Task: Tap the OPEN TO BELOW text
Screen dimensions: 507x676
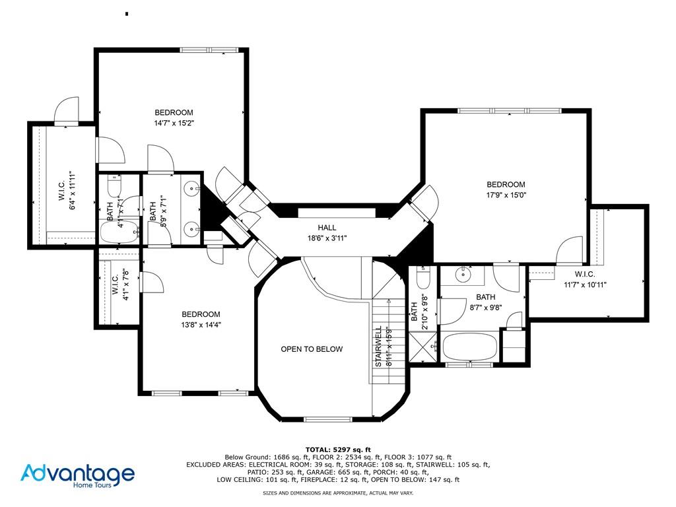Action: [x=312, y=349]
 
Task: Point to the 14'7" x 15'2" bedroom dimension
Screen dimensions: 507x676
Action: [x=174, y=123]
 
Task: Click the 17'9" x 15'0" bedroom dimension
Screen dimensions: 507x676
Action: [x=506, y=195]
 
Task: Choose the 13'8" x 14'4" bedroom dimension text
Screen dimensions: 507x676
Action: [x=201, y=325]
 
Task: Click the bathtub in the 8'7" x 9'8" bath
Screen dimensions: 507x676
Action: [x=469, y=346]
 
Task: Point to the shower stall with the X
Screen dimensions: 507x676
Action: [x=422, y=346]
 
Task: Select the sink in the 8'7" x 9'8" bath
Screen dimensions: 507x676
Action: [x=463, y=273]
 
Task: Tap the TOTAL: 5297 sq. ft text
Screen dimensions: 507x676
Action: [x=337, y=449]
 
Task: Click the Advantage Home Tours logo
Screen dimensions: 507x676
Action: [x=77, y=475]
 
